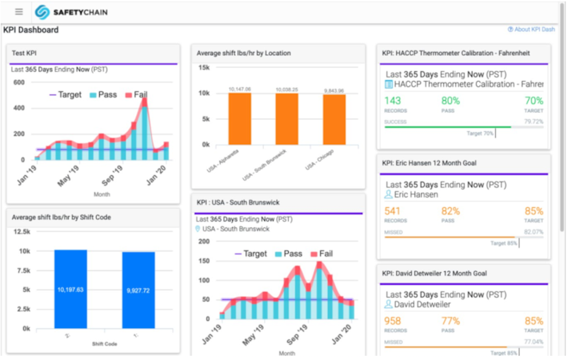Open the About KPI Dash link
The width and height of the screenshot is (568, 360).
(532, 30)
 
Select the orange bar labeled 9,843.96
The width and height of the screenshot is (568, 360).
(334, 118)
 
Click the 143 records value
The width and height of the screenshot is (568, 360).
(394, 101)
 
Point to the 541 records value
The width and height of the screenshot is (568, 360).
(394, 211)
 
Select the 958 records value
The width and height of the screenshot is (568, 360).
(394, 322)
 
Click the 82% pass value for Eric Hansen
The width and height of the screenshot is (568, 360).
(450, 211)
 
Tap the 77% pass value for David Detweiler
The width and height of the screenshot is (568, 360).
(450, 322)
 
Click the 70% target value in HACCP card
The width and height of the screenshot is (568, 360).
(534, 101)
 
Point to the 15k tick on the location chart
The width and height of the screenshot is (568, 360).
(204, 67)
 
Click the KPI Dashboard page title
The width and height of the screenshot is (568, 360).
(31, 30)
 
